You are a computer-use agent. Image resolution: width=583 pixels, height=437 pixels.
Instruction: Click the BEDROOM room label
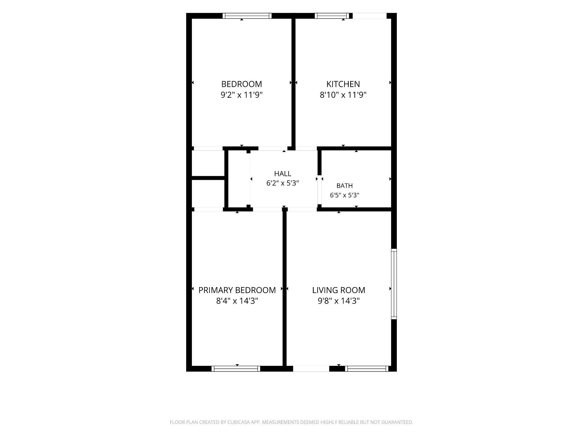click(x=241, y=84)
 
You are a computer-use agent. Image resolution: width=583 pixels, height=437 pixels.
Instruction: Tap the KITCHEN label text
click(x=343, y=84)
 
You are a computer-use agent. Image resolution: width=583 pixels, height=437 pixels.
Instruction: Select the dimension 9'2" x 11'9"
click(x=241, y=95)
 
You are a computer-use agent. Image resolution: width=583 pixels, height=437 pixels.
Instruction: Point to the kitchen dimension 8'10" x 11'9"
click(x=343, y=95)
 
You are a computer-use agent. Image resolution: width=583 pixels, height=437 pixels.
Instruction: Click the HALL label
click(x=283, y=174)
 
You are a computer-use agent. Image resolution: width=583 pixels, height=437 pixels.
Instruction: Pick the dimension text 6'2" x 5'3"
click(x=283, y=183)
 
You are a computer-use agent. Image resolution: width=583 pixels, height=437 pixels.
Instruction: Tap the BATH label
click(x=344, y=186)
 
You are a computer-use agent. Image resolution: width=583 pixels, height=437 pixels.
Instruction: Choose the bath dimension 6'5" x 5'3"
click(x=344, y=195)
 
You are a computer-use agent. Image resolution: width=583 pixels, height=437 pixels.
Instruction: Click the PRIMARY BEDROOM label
click(x=237, y=290)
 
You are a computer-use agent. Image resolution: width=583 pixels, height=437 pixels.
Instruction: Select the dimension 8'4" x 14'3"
click(x=237, y=301)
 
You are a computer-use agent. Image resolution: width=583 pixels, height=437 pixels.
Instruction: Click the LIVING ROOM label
click(x=339, y=290)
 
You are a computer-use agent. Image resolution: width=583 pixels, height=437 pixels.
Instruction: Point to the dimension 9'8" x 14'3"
click(x=339, y=301)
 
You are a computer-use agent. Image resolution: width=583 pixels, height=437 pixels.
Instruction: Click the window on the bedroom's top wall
click(x=247, y=16)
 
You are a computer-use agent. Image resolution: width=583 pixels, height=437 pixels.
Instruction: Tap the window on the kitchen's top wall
click(x=332, y=16)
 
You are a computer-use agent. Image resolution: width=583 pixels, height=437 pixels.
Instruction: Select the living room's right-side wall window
click(x=394, y=284)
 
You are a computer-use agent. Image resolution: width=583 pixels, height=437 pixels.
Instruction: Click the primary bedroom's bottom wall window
click(x=236, y=369)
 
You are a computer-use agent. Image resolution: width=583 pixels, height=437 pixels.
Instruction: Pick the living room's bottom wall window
click(x=367, y=369)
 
